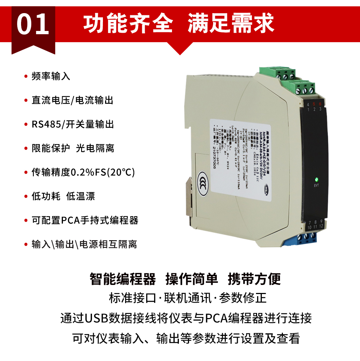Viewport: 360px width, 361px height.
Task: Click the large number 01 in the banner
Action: (x=33, y=25)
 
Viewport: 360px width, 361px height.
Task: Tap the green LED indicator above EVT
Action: (x=316, y=179)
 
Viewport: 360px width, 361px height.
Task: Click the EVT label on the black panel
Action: (x=316, y=186)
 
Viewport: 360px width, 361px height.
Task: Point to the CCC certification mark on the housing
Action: (x=201, y=182)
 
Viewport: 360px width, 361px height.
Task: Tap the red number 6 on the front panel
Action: (x=320, y=104)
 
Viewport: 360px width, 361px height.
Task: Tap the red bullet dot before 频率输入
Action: (x=25, y=76)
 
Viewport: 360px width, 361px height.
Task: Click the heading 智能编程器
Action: (x=123, y=279)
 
